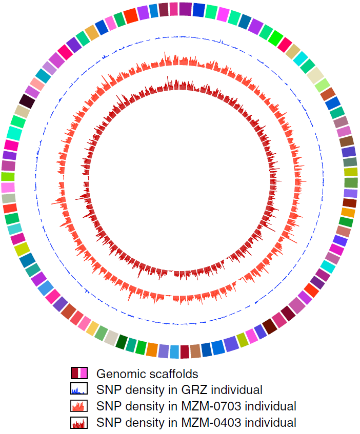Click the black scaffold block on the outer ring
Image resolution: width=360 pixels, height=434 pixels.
27,101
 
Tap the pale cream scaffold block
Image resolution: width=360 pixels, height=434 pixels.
315,74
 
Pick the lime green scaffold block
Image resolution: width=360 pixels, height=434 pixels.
8,176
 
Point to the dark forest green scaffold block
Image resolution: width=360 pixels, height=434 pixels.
122,342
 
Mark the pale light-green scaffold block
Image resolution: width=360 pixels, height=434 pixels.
323,85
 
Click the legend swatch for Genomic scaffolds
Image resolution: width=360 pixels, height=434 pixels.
79,373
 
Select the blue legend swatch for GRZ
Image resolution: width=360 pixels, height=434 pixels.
79,388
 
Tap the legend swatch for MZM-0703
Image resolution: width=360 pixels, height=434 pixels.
79,406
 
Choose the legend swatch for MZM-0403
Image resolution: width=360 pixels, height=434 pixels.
79,422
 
